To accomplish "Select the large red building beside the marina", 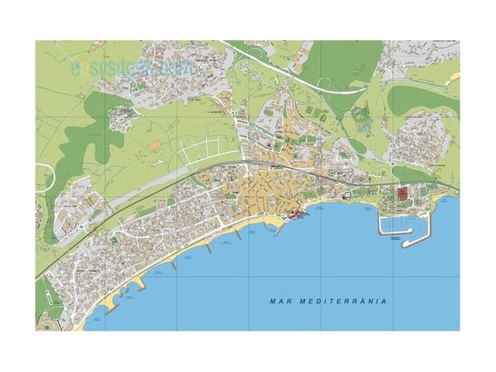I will pos(402,194).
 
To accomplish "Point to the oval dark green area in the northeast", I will pos(423,99).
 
